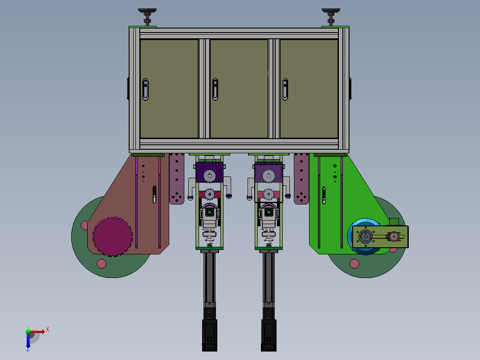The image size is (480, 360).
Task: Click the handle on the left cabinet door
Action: [x=146, y=90]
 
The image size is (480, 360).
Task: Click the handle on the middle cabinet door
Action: [x=215, y=90]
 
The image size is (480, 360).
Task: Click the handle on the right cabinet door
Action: [x=285, y=90]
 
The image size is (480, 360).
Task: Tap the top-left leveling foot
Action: [x=147, y=17]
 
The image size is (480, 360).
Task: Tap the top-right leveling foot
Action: [x=330, y=17]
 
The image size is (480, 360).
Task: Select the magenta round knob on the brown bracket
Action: [x=113, y=237]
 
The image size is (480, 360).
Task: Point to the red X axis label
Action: [x=48, y=330]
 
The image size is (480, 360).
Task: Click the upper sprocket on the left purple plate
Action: [x=209, y=176]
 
